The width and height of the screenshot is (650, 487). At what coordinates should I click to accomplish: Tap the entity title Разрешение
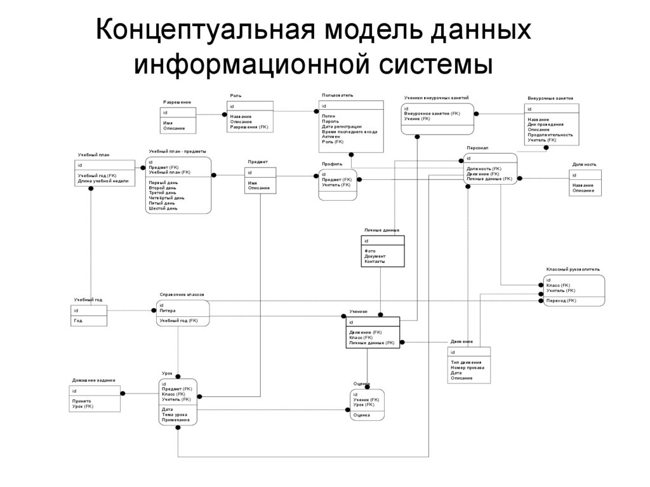tap(177, 102)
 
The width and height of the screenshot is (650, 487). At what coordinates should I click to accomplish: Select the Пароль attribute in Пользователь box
tap(330, 121)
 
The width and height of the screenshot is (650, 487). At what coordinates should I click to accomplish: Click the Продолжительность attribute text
tap(550, 135)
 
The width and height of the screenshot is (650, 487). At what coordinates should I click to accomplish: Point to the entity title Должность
tap(584, 164)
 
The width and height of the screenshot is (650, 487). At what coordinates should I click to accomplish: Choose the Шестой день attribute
tap(163, 208)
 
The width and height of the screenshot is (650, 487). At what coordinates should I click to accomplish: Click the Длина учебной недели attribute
tap(103, 181)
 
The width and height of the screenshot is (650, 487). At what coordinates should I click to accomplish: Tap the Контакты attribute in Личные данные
tap(375, 262)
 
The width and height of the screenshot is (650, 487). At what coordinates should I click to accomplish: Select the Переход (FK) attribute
tap(561, 300)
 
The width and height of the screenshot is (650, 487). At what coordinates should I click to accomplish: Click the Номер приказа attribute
tap(467, 368)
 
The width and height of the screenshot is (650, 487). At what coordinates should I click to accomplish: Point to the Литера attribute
tap(168, 310)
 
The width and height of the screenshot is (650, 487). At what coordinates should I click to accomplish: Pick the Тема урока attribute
tap(175, 415)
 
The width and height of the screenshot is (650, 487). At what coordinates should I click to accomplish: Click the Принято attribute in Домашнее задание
tap(81, 401)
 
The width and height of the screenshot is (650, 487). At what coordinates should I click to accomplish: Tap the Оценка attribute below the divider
tap(362, 415)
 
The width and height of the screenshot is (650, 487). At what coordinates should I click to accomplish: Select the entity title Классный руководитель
tap(573, 269)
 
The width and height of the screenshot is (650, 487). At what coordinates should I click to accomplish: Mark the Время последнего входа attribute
tap(349, 131)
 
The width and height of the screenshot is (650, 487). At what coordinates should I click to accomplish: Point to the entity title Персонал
tap(477, 147)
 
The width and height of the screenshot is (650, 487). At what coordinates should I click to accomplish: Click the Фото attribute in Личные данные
tap(369, 251)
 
